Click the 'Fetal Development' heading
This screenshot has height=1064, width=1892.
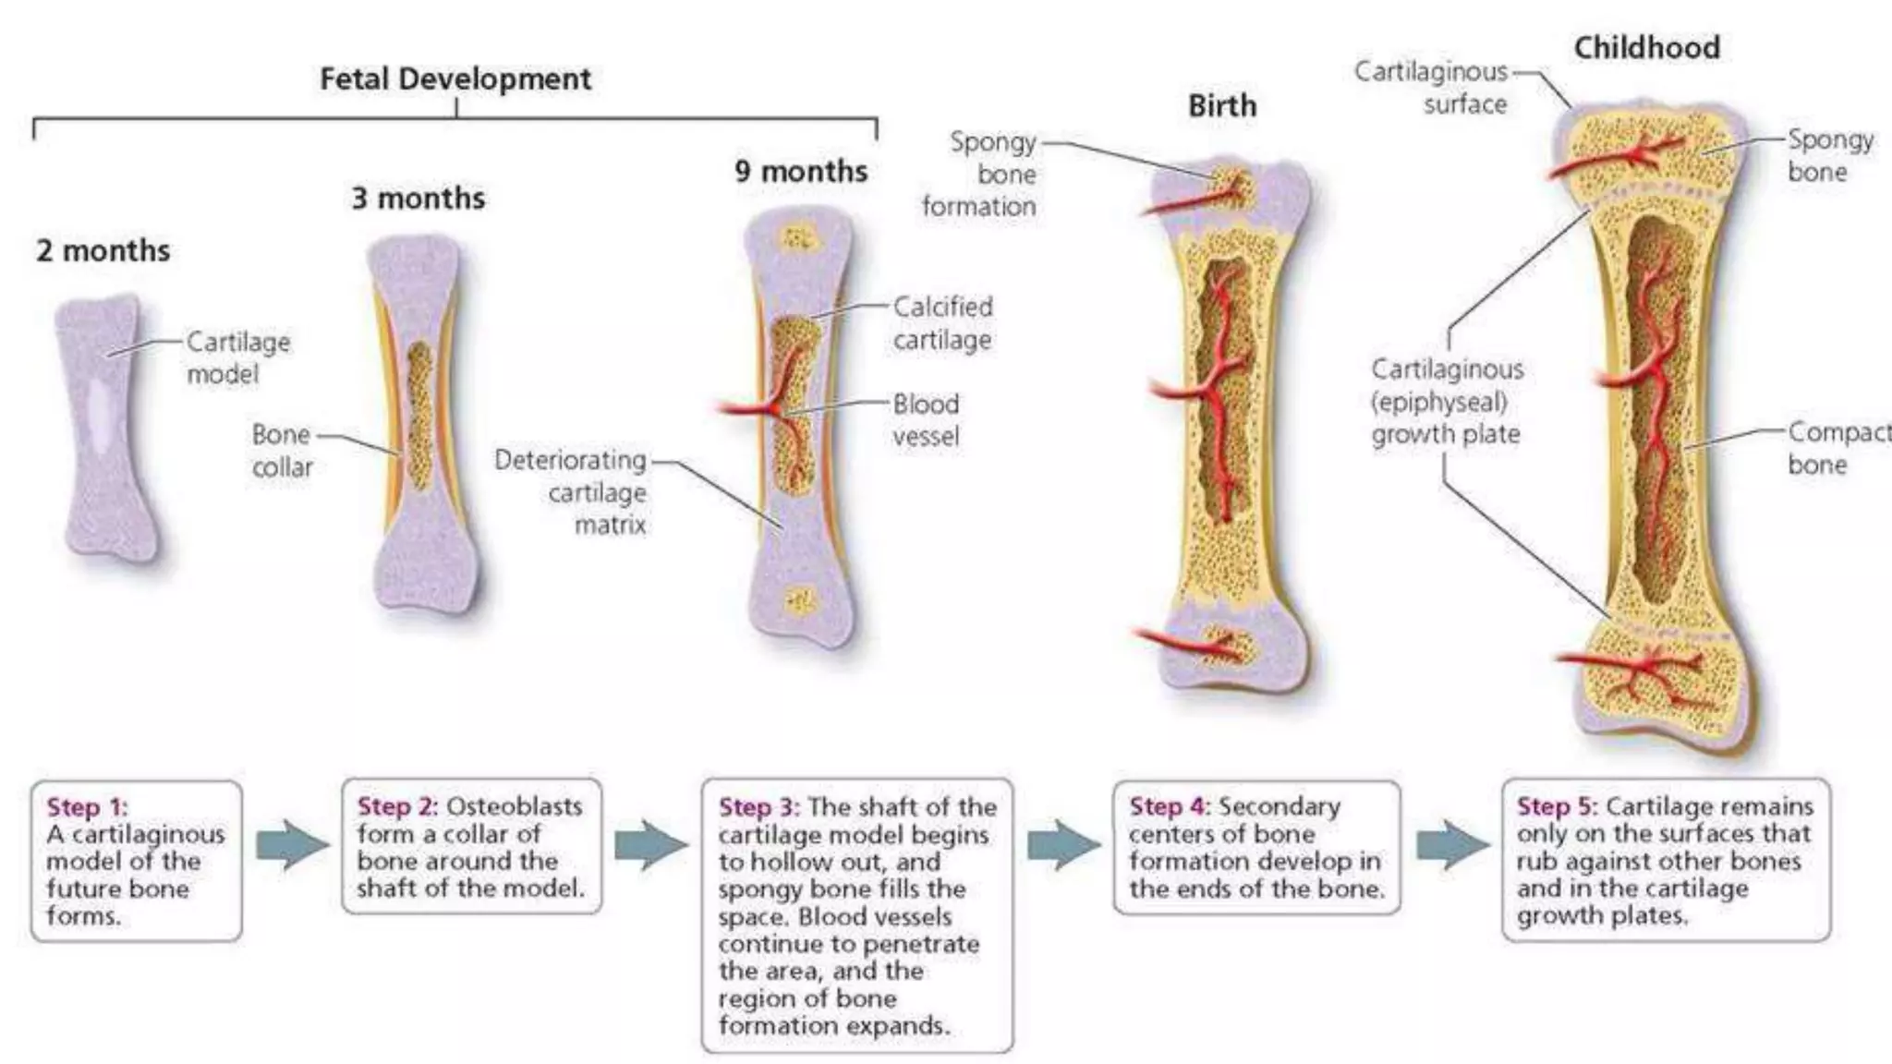click(455, 79)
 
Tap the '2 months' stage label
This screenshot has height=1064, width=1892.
click(103, 250)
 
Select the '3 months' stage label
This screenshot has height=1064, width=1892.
click(418, 198)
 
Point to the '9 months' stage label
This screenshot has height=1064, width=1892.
click(801, 171)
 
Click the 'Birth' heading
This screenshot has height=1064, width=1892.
click(1221, 105)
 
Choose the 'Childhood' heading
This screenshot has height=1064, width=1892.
click(1646, 47)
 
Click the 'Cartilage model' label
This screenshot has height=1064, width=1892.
click(237, 357)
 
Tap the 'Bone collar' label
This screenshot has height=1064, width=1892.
click(282, 451)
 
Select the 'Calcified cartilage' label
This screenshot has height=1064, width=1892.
click(942, 323)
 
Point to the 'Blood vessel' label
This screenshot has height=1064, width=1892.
click(926, 420)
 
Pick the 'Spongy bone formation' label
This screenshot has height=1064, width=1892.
click(980, 174)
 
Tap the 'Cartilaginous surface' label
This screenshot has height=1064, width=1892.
click(1431, 87)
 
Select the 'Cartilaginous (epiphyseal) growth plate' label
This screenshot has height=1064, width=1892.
click(1447, 402)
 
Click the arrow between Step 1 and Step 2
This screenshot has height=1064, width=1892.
click(291, 844)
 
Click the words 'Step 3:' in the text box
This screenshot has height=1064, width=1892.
click(758, 807)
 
